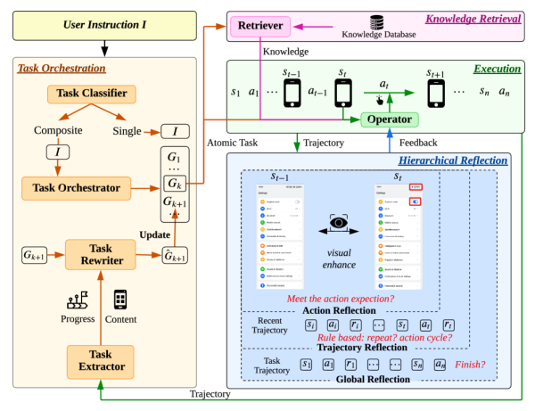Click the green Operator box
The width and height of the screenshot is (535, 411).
pyautogui.click(x=390, y=119)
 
